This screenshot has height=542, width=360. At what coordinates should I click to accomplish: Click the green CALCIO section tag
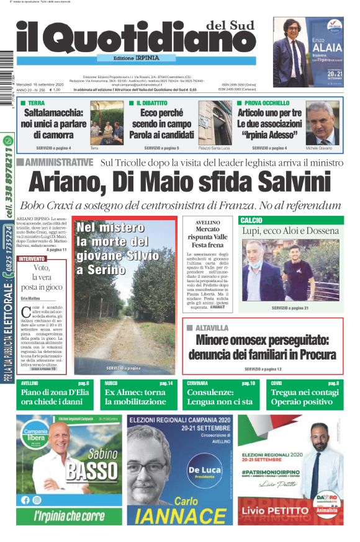coord(251,220)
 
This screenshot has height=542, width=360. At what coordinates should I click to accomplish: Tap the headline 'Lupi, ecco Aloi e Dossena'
coord(290,231)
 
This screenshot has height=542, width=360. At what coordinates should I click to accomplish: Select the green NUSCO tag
coord(111,383)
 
